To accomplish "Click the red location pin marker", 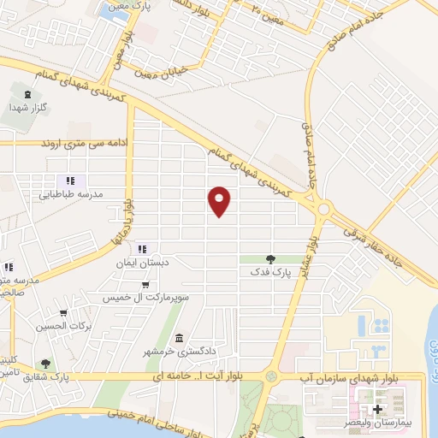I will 220,200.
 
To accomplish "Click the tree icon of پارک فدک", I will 270,259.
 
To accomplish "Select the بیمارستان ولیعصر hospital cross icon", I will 377,410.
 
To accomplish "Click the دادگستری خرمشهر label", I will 178,352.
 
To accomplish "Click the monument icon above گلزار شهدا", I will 28,94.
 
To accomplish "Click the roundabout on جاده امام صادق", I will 324,208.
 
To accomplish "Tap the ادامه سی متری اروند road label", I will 85,143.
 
